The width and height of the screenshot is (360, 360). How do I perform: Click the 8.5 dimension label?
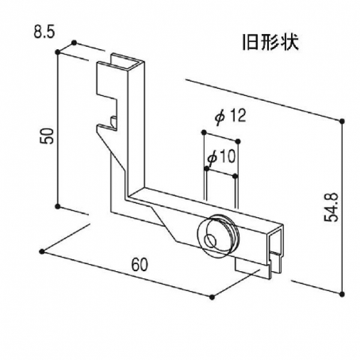pos(45,32)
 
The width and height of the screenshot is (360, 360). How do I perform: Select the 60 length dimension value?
pos(140,263)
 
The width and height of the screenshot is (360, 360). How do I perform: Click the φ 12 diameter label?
pos(230,116)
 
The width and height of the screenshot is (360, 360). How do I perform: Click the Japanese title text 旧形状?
pos(269,43)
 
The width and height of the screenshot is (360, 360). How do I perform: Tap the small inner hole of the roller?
pos(210,241)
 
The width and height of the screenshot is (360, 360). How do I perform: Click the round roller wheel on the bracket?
pos(217,235)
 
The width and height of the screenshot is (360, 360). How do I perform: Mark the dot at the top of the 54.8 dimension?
pos(342,121)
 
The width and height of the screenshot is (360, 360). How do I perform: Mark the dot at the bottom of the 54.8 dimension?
pos(342,293)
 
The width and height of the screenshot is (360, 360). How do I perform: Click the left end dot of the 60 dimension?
pos(41,251)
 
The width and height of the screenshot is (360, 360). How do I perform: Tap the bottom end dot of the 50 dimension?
pos(58,206)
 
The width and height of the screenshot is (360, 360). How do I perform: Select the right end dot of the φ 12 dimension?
pos(239,142)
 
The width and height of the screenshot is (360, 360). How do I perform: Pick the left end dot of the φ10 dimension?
pos(206,169)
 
